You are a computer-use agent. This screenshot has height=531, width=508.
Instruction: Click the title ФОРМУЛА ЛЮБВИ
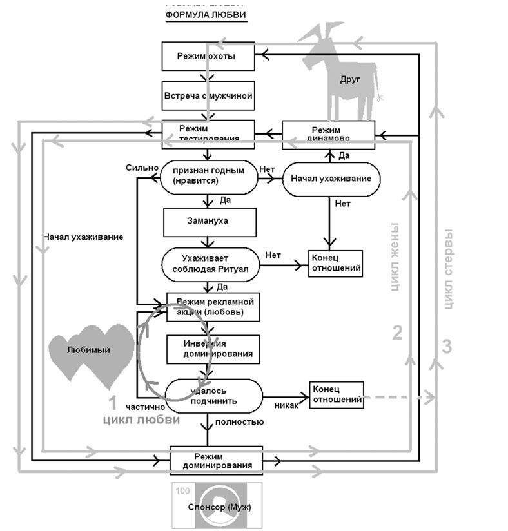[206, 15]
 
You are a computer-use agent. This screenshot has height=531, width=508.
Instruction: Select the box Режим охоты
[206, 57]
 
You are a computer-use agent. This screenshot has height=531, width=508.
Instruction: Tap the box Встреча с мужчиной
[206, 95]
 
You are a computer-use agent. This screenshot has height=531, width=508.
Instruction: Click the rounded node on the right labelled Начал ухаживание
[330, 179]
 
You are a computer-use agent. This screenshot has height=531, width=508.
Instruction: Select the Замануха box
[206, 221]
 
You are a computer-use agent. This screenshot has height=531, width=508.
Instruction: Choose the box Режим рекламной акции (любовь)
[213, 307]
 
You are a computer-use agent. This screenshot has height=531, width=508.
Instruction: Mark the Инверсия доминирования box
[213, 349]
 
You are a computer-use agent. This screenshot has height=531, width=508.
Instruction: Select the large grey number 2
[398, 333]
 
